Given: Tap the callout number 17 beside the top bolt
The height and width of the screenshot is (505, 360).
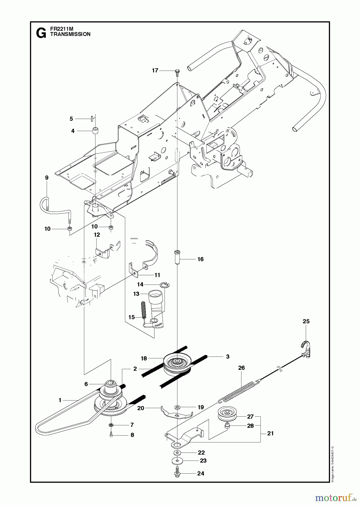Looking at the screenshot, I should click(x=155, y=71).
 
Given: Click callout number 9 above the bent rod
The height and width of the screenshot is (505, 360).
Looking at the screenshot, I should click(x=47, y=178).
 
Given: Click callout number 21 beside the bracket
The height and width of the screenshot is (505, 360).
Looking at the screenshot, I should click(x=270, y=433).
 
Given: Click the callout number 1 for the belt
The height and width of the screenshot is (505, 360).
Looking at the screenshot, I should click(x=60, y=400).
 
